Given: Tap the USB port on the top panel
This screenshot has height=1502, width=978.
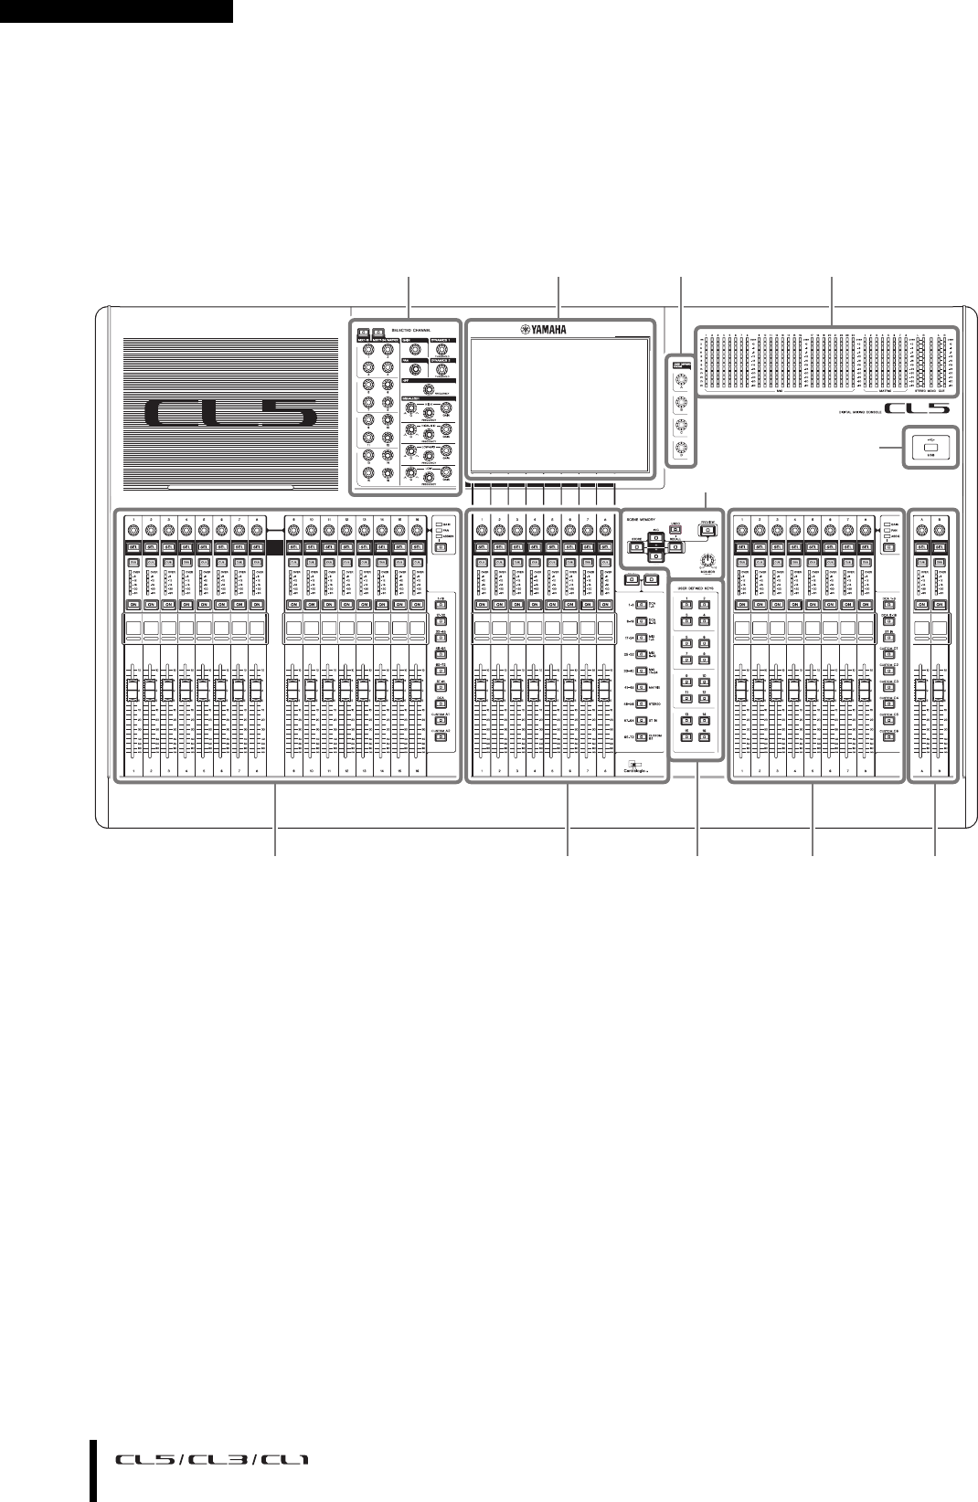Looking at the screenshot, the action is [930, 447].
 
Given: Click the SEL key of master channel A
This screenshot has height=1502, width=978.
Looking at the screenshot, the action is [921, 545].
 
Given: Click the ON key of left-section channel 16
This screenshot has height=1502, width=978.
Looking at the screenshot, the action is [418, 605].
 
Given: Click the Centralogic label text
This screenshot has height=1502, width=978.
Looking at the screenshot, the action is [643, 770].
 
